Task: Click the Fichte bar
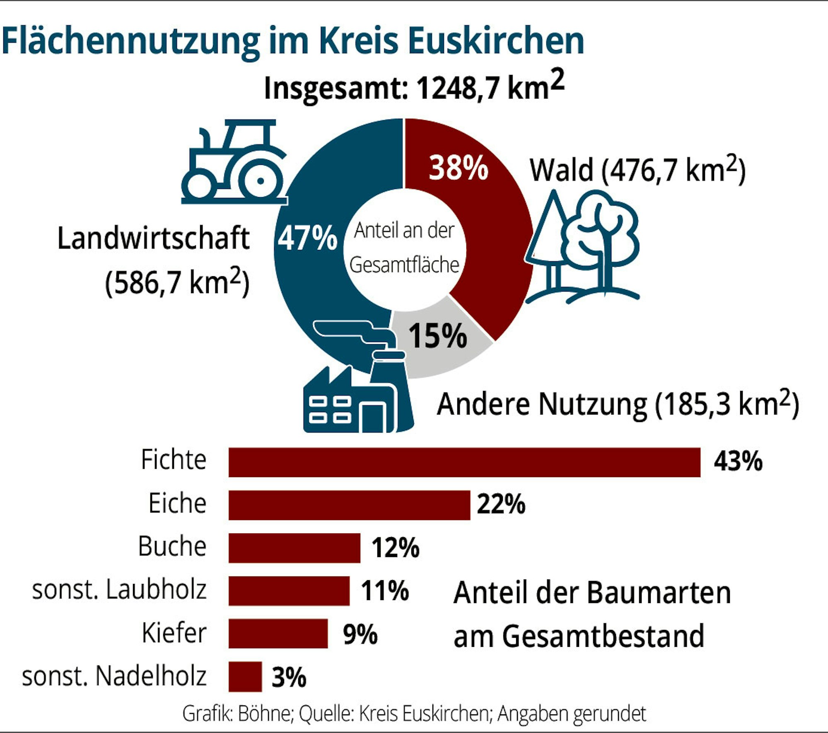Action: [464, 462]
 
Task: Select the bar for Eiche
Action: [349, 505]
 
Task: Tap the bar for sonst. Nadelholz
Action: [245, 677]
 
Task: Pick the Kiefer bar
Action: [278, 634]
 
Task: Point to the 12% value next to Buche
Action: [395, 548]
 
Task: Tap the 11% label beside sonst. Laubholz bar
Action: [384, 591]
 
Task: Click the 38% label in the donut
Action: [458, 168]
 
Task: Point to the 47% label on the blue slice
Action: [307, 239]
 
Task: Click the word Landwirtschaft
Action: [153, 239]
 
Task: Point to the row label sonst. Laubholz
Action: [119, 590]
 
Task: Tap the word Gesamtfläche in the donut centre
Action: [404, 265]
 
